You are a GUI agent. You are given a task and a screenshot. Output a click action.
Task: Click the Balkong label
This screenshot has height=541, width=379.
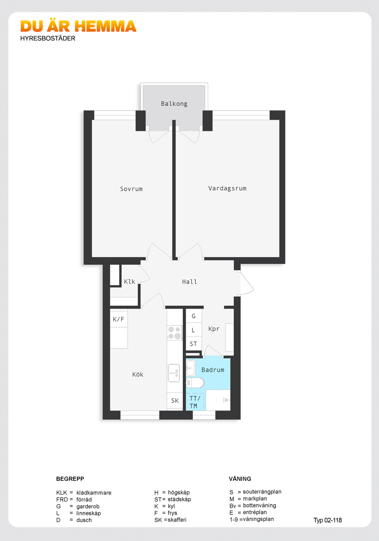(x=174, y=104)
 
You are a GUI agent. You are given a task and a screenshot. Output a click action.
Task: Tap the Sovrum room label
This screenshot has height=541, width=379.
(x=131, y=189)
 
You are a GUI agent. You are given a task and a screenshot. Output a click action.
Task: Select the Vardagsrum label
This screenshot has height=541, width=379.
(x=227, y=188)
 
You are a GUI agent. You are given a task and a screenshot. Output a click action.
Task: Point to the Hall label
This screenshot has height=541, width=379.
(x=189, y=282)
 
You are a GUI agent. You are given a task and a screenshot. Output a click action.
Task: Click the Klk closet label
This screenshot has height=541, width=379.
(x=129, y=281)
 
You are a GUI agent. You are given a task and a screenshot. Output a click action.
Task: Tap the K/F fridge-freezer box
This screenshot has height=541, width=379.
(x=119, y=319)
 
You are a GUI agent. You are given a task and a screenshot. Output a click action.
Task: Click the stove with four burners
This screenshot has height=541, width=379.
(x=174, y=333)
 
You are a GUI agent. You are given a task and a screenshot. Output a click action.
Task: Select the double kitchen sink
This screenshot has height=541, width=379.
(x=174, y=373)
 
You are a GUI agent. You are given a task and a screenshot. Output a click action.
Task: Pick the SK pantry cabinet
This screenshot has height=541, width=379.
(x=175, y=401)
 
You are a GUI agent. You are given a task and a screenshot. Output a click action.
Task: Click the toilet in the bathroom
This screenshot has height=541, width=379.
(x=195, y=382)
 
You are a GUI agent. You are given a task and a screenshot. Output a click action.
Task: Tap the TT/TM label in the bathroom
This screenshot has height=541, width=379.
(x=194, y=402)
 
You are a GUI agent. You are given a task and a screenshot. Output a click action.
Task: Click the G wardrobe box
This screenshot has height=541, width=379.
(x=194, y=316)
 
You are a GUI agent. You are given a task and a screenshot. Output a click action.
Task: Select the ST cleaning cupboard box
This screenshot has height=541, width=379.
(x=194, y=344)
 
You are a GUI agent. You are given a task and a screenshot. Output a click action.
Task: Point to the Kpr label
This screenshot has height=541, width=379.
(x=214, y=329)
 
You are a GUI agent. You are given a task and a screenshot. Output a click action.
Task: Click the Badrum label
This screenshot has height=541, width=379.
(x=212, y=370)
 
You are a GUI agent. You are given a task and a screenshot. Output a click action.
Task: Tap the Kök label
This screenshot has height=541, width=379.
(x=138, y=375)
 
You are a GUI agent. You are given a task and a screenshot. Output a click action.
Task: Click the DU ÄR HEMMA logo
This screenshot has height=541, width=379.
(x=78, y=26)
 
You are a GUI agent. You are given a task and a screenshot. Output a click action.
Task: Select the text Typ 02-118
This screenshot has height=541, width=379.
(x=327, y=520)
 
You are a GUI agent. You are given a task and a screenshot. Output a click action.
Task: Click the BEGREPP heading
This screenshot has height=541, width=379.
(x=70, y=479)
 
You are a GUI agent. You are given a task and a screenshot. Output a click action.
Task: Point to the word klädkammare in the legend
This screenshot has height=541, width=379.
(x=94, y=493)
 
